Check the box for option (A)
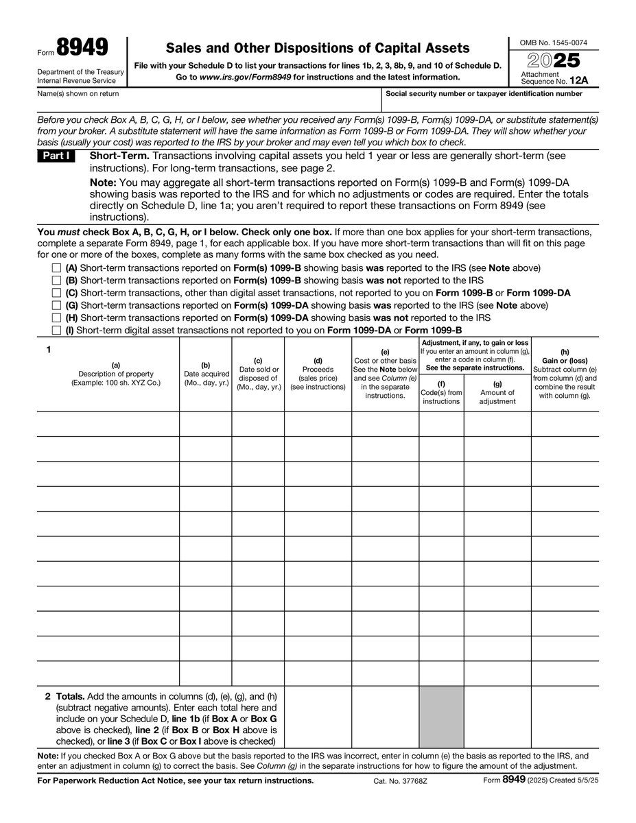click(56, 268)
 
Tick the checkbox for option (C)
click(56, 293)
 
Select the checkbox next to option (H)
click(56, 318)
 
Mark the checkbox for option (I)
click(56, 331)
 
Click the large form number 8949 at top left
click(83, 48)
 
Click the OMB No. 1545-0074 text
click(552, 43)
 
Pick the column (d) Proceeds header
click(318, 374)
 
